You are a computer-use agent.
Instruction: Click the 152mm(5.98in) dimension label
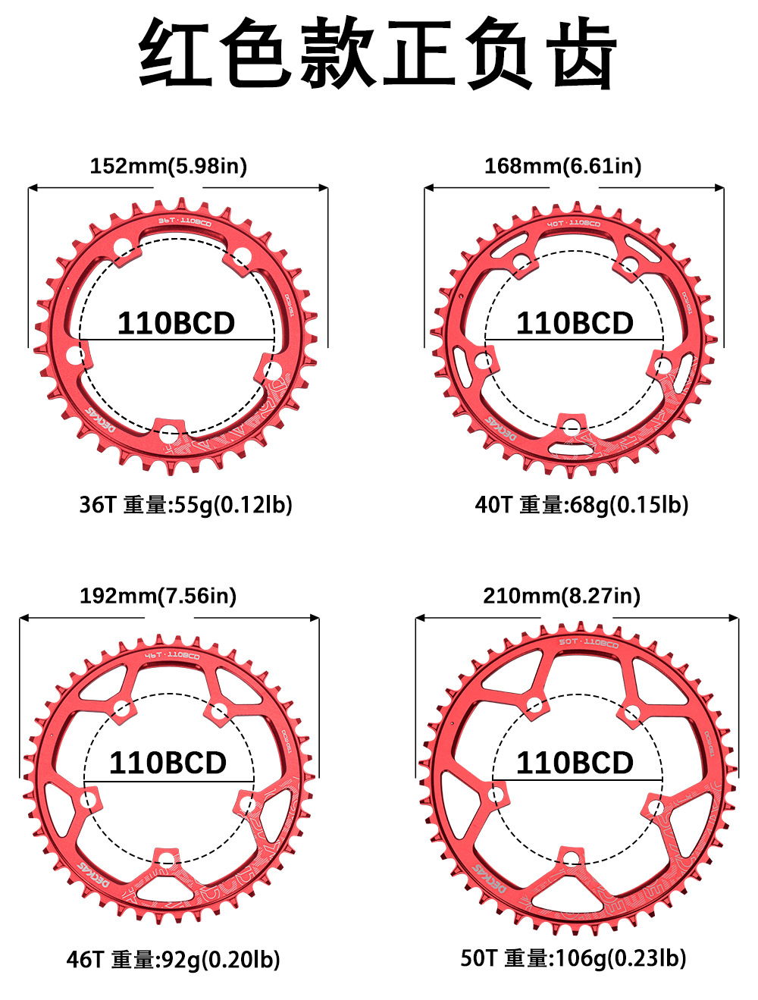click(168, 166)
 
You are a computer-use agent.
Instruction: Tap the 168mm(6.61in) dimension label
click(562, 166)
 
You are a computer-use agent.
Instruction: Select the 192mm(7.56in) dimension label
click(158, 596)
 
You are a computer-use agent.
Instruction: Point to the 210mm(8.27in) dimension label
click(562, 596)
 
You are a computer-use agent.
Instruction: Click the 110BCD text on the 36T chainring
click(176, 324)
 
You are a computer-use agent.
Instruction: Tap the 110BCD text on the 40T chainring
click(575, 324)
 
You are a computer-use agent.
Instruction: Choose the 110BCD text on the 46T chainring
click(168, 763)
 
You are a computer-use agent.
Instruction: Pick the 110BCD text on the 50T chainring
click(575, 763)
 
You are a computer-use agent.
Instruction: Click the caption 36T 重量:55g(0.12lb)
click(186, 504)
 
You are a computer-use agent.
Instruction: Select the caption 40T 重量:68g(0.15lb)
click(581, 504)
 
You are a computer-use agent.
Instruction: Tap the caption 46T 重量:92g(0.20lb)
click(173, 960)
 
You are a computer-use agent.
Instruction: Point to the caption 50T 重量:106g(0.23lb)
click(573, 958)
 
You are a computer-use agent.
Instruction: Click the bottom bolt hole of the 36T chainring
click(168, 434)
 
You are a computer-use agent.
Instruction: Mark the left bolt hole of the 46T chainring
click(89, 799)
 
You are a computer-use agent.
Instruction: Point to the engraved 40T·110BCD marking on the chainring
click(574, 224)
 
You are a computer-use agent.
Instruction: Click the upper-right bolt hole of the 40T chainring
click(629, 265)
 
